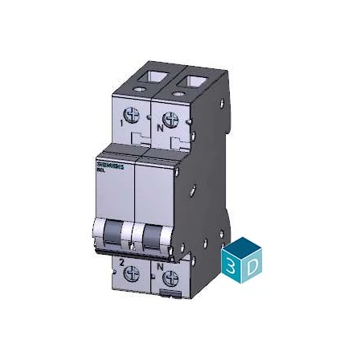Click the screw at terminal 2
click(x=133, y=274)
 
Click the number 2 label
click(x=121, y=262)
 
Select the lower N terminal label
click(x=159, y=264)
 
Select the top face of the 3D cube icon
click(x=243, y=247)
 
